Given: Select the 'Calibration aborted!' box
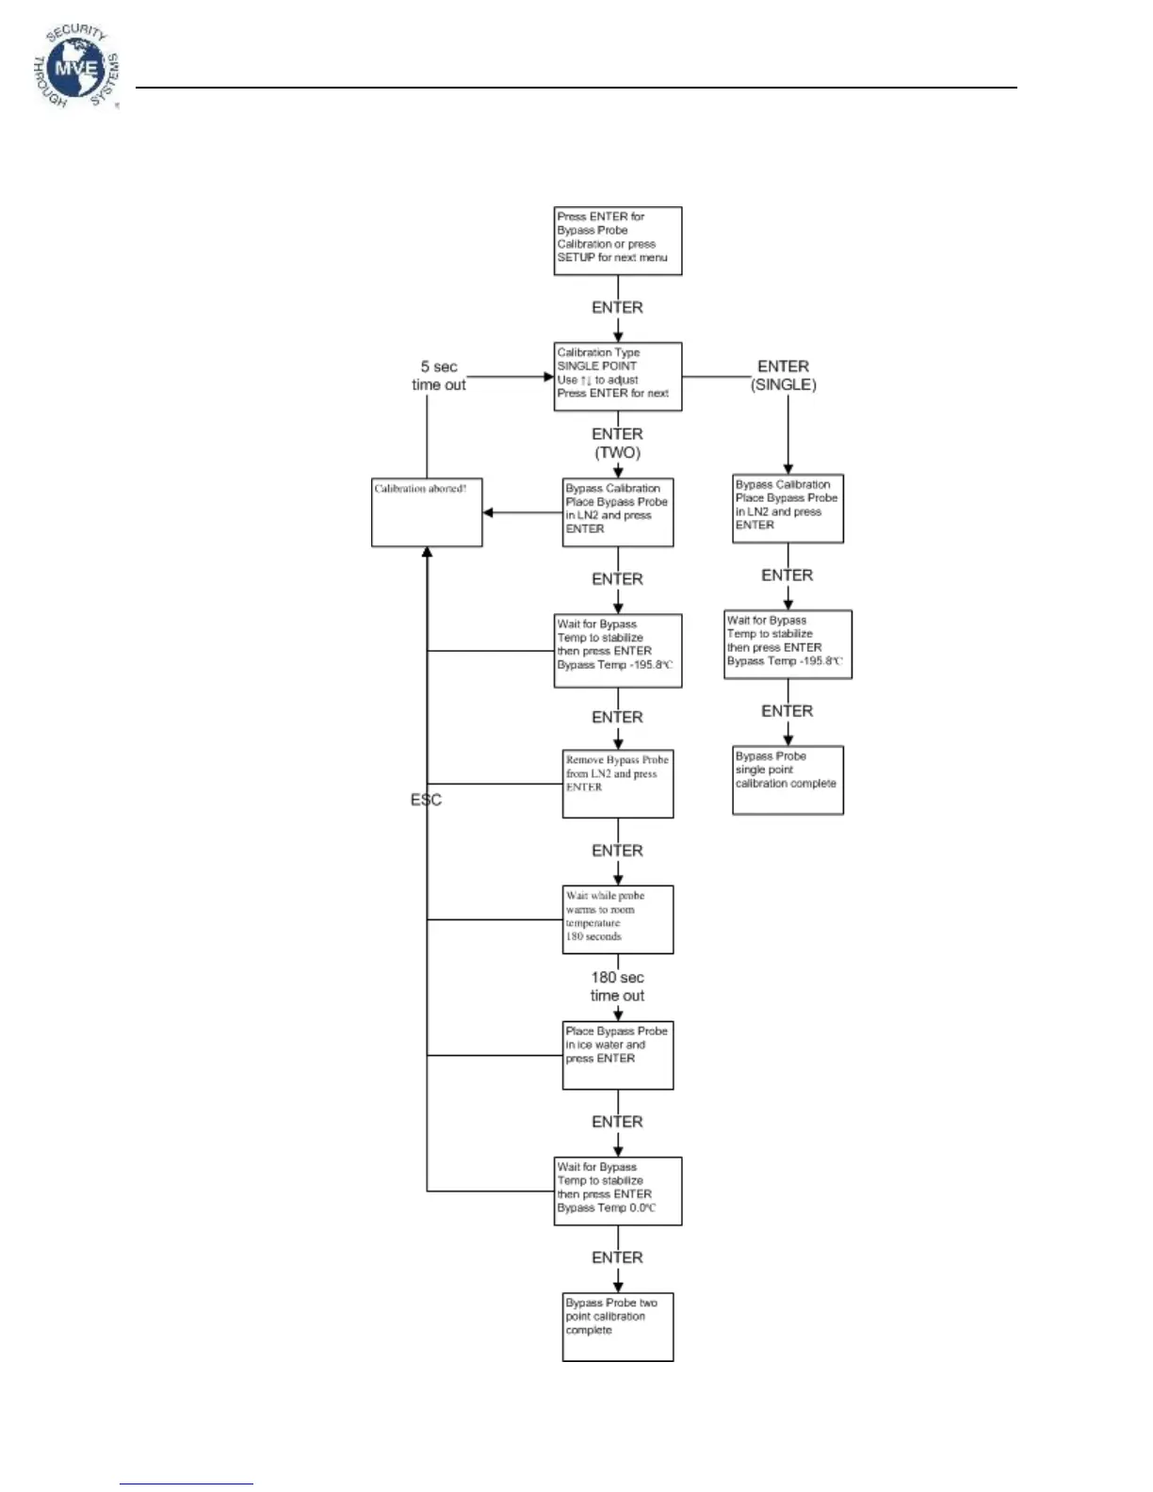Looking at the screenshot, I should click(x=427, y=512).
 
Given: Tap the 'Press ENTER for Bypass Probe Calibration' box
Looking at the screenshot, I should click(x=617, y=241).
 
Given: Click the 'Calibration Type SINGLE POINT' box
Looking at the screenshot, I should click(x=617, y=376).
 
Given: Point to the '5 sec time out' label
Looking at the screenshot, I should click(x=439, y=376).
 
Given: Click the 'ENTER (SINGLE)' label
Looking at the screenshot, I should click(x=783, y=376).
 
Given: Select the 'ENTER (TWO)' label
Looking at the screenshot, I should click(x=617, y=443).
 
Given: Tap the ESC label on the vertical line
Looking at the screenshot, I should click(x=426, y=800).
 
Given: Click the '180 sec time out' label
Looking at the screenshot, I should click(x=617, y=986).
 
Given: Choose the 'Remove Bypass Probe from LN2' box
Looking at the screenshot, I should click(x=617, y=784).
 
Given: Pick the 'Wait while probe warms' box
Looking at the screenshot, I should click(x=617, y=919).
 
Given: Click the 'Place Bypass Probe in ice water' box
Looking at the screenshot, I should click(x=617, y=1055).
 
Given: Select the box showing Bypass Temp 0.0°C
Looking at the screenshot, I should click(x=617, y=1191).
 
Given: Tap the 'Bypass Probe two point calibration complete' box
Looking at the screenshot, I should click(x=617, y=1326).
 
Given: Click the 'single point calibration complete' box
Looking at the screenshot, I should click(x=788, y=780).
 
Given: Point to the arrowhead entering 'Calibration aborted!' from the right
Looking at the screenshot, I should click(x=488, y=513).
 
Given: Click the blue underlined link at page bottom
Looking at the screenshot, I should click(x=186, y=1484).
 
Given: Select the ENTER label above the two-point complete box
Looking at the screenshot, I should click(x=617, y=1257).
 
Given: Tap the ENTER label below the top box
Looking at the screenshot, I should click(x=617, y=308).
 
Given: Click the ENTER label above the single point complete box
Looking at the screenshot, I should click(x=787, y=711).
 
